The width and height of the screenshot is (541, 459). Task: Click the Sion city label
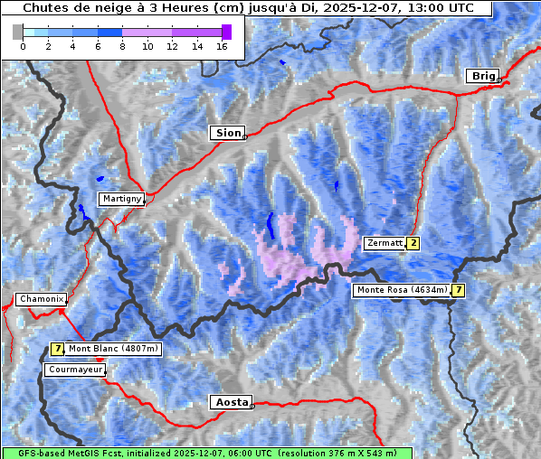click(x=228, y=133)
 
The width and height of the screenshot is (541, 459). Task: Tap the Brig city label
click(x=482, y=76)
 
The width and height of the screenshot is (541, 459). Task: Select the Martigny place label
click(x=120, y=199)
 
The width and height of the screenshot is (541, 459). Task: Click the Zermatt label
click(x=384, y=243)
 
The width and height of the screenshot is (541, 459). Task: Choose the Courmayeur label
click(x=74, y=370)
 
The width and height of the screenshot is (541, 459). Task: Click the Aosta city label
click(x=230, y=402)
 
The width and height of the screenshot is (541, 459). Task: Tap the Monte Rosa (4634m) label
click(x=402, y=290)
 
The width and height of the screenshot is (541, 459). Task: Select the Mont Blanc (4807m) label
click(x=113, y=349)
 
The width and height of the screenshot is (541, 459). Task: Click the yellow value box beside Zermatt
click(x=413, y=243)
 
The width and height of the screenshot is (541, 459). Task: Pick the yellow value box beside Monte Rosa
click(x=459, y=290)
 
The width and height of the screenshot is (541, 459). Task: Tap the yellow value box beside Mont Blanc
click(x=57, y=349)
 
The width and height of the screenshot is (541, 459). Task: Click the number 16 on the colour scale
click(x=222, y=46)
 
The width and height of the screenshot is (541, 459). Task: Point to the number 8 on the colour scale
click(x=122, y=46)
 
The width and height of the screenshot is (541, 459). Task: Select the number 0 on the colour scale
click(x=23, y=46)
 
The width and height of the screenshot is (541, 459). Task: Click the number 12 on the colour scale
click(x=172, y=46)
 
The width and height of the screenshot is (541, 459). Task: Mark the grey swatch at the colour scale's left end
click(x=17, y=32)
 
